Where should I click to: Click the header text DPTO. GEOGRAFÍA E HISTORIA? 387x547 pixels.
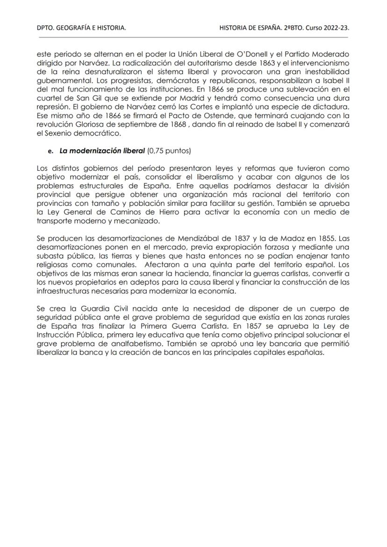81,29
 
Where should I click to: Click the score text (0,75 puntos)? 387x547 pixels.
170,152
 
